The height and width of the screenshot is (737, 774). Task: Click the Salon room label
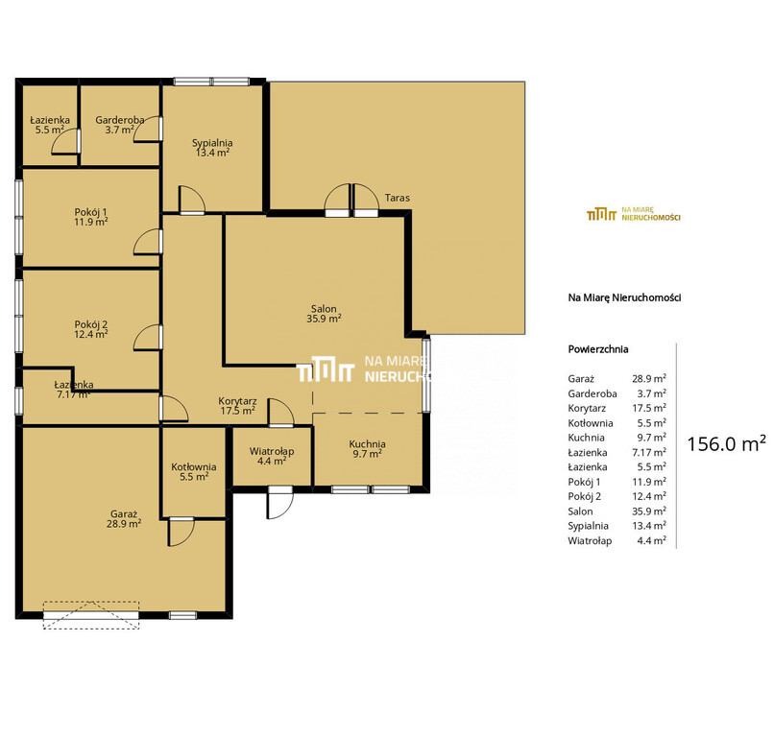(x=324, y=309)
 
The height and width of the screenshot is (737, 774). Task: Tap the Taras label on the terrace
(x=397, y=198)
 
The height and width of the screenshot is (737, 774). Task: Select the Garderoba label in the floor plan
(x=120, y=120)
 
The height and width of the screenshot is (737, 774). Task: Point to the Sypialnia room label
(x=212, y=143)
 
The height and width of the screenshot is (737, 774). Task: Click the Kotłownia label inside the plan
(x=194, y=466)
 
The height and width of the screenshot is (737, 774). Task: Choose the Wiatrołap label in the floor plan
(x=272, y=451)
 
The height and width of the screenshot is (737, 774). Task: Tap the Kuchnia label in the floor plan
(x=367, y=444)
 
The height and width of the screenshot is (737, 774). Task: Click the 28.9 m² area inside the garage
(x=124, y=523)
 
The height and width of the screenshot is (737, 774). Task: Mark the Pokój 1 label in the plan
(x=91, y=212)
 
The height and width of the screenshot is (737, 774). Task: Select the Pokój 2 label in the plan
(x=91, y=324)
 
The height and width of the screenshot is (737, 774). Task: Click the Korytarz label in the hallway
(x=237, y=401)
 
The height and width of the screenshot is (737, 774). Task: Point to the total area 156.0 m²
(x=727, y=444)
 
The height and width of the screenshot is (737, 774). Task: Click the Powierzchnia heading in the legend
(x=597, y=349)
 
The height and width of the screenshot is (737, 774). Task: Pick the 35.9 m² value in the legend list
(x=649, y=511)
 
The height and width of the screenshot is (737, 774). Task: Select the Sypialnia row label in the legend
(x=588, y=526)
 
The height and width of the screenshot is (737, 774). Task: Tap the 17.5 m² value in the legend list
(x=649, y=408)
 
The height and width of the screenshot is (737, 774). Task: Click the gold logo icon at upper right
(x=601, y=214)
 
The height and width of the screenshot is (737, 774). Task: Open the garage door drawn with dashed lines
(x=91, y=615)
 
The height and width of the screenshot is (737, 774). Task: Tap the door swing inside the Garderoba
(x=147, y=130)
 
